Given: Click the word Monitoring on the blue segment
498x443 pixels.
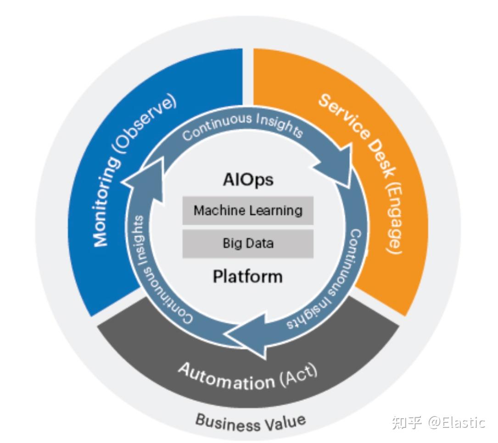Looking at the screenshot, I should [107, 202].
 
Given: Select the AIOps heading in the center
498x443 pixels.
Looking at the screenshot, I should [248, 179].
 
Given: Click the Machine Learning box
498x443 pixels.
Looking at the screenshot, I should [248, 211].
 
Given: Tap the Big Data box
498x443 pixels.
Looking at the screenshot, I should [248, 243].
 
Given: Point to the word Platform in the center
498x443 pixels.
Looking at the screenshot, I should [248, 276].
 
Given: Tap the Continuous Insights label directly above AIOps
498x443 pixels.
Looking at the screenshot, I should [242, 126].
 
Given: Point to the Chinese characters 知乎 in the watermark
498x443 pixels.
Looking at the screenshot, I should [407, 422].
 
